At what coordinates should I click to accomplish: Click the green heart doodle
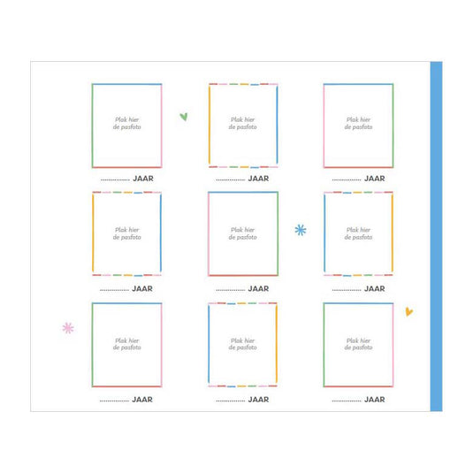[184, 117]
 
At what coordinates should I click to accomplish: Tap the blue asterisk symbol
[301, 230]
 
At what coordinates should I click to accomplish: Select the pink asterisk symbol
[68, 328]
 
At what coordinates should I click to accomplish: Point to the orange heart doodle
[408, 311]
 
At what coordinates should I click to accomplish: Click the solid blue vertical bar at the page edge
[436, 236]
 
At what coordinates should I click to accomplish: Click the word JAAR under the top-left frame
[143, 179]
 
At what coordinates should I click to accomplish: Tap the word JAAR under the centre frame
[258, 289]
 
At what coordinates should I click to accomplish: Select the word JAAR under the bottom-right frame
[375, 400]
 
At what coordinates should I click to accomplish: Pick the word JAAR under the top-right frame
[375, 179]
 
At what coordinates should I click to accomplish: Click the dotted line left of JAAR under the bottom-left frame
[114, 401]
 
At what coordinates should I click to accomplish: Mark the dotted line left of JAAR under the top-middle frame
[231, 180]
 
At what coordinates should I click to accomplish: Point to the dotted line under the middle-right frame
[347, 290]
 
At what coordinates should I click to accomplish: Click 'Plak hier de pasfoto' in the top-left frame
[127, 124]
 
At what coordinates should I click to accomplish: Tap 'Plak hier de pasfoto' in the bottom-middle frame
[243, 344]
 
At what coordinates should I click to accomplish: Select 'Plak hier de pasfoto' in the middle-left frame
[127, 233]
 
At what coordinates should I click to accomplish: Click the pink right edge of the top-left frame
[162, 126]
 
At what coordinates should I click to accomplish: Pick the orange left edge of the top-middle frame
[210, 125]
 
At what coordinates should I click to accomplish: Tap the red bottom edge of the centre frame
[243, 275]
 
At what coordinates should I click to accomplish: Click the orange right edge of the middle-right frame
[393, 233]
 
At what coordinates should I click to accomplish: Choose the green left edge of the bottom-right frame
[324, 345]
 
